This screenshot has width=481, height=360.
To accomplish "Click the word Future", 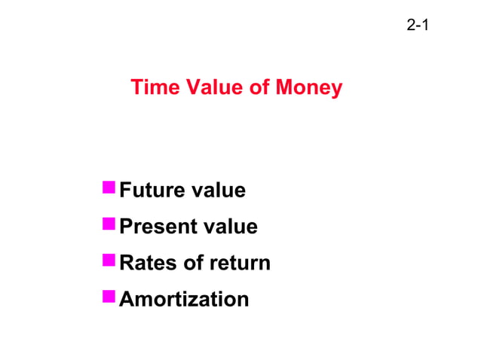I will [x=153, y=191].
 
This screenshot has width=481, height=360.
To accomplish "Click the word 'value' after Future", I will [x=219, y=191].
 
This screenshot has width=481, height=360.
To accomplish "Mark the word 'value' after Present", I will [x=231, y=227].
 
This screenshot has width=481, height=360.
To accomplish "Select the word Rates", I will [x=146, y=264].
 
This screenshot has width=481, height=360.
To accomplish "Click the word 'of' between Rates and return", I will [x=189, y=264].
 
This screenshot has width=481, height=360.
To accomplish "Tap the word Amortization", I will [x=184, y=300].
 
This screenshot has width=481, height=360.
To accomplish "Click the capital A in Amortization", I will [x=127, y=300].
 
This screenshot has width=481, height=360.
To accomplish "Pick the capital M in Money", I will [x=284, y=88].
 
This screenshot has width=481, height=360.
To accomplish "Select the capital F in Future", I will [x=126, y=191].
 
